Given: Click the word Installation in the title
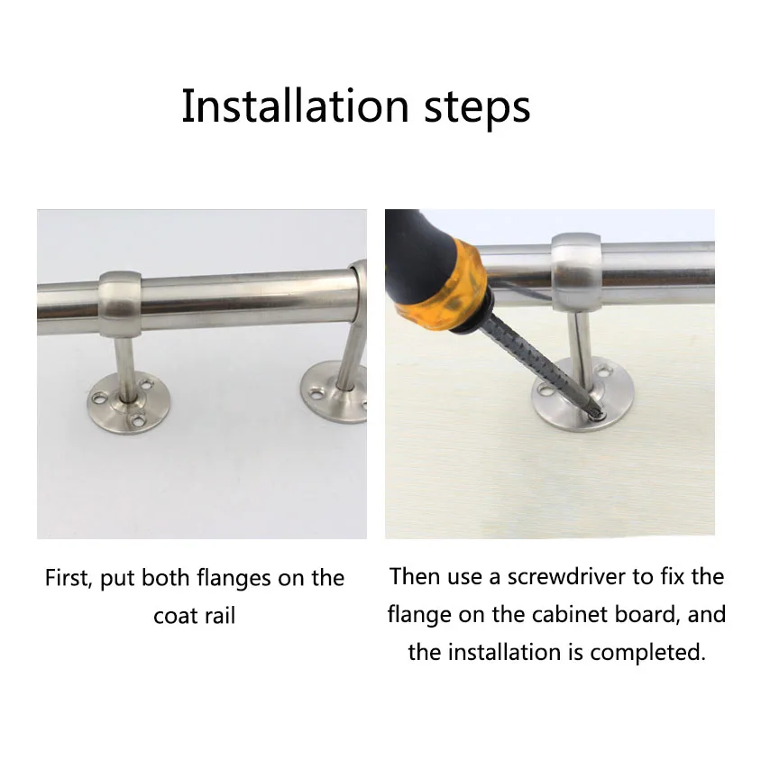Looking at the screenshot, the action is pyautogui.click(x=295, y=106).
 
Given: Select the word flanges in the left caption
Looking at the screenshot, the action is pyautogui.click(x=234, y=579).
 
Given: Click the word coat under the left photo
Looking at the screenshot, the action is pyautogui.click(x=175, y=617).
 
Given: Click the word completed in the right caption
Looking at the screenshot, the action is pyautogui.click(x=647, y=653).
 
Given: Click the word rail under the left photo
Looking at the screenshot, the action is pyautogui.click(x=220, y=616).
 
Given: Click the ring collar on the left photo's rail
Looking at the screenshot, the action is pyautogui.click(x=120, y=304).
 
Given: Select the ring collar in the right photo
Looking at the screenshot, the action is pyautogui.click(x=576, y=271).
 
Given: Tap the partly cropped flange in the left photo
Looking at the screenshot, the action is pyautogui.click(x=334, y=392).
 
